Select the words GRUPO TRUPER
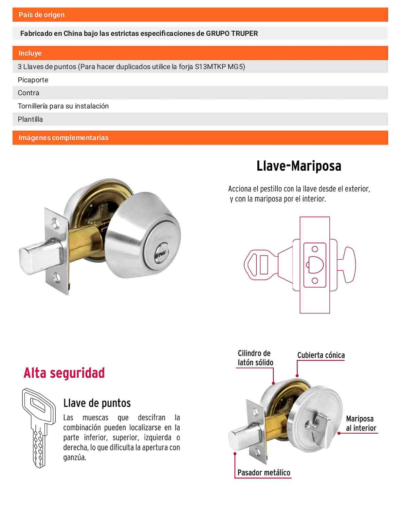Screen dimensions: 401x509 click(x=232, y=33)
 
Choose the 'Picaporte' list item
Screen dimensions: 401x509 click(x=33, y=80)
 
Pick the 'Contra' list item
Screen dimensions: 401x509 click(x=29, y=93)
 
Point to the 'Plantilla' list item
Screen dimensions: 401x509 click(x=30, y=119)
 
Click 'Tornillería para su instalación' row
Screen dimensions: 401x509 click(x=63, y=106)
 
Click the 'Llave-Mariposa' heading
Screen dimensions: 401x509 click(x=299, y=166)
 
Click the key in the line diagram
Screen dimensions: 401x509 click(x=261, y=265)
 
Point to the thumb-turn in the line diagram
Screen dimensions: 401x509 click(x=346, y=265)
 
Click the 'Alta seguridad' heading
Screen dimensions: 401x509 click(x=64, y=373)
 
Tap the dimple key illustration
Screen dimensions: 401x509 click(x=39, y=428)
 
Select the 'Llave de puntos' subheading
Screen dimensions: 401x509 click(x=97, y=403)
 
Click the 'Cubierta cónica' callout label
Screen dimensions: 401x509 click(x=321, y=355)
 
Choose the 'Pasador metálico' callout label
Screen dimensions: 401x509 click(x=264, y=473)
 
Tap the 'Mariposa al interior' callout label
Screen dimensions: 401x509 click(x=361, y=423)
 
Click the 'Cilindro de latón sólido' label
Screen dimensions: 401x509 click(x=255, y=358)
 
